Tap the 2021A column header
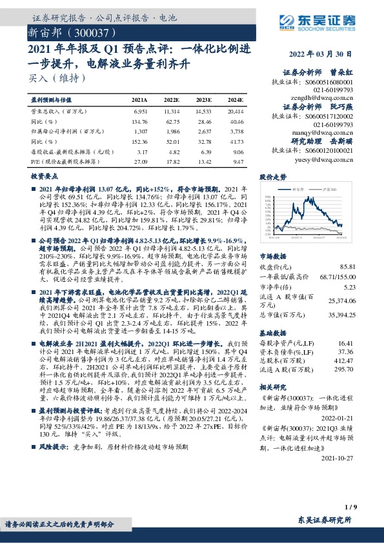point(139,101)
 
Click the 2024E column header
point(235,101)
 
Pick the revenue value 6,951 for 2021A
point(140,112)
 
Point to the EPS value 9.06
point(237,152)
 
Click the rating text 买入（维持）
point(58,79)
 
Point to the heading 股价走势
point(272,175)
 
